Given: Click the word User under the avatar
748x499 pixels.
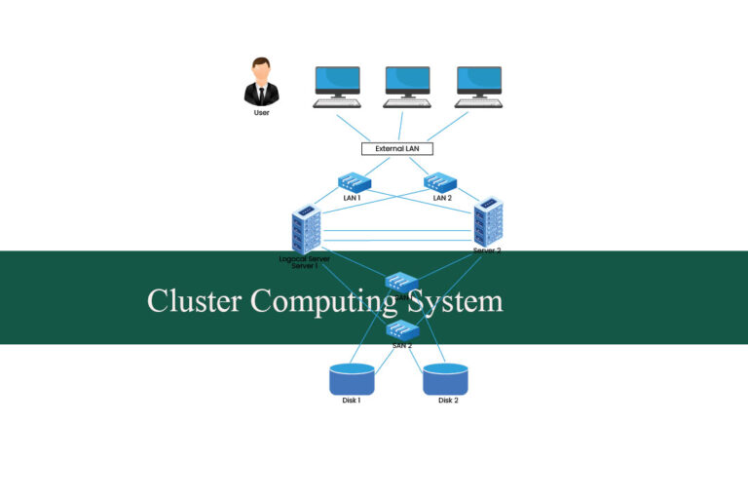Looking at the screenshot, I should click(261, 112).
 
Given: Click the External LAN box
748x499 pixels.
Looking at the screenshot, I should click(397, 149).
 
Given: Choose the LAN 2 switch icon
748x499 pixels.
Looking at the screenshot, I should click(442, 182).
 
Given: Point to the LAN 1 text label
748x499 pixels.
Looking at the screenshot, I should click(353, 198).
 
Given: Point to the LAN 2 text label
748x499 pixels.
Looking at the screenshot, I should click(443, 198).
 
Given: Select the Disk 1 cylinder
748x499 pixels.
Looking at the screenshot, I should click(352, 378).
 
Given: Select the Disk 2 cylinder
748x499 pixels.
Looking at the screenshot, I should click(446, 378).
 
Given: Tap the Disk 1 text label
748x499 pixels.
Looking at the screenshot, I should click(352, 401).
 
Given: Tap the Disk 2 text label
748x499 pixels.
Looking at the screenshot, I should click(448, 401).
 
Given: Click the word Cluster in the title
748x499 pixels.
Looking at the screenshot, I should click(194, 300).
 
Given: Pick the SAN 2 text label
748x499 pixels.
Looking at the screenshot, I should click(402, 346).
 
